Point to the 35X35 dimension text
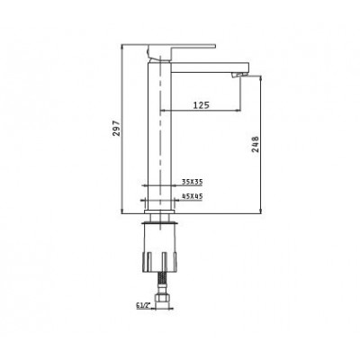point(191,180)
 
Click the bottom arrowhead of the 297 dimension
point(121,213)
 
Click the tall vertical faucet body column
point(159,135)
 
